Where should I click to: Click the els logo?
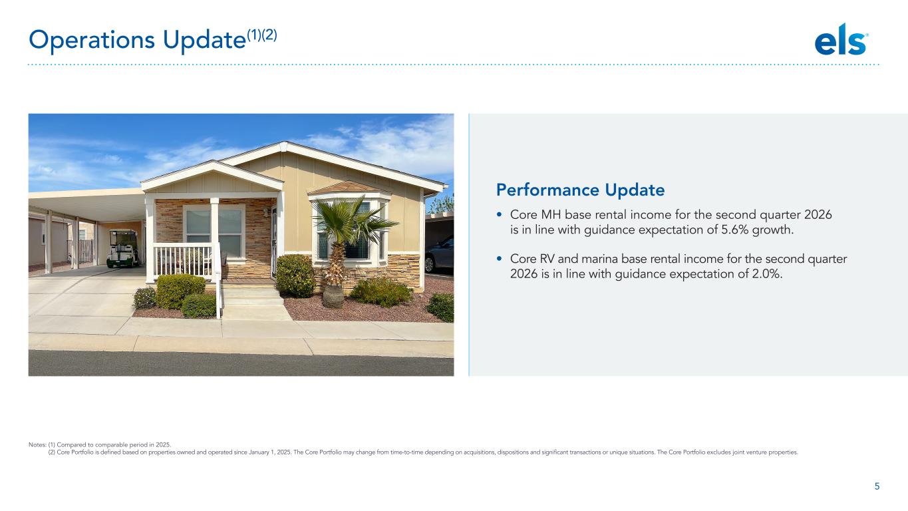click(841, 39)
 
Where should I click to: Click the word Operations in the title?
click(92, 40)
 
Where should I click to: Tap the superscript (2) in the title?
click(269, 35)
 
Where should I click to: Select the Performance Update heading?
click(580, 190)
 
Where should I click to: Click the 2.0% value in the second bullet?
click(766, 274)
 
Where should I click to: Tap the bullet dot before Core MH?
click(500, 214)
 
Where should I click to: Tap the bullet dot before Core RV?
click(500, 259)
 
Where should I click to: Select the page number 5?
click(877, 486)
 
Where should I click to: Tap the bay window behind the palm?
click(349, 231)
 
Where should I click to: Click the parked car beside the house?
click(439, 254)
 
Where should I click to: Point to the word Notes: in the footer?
click(37, 445)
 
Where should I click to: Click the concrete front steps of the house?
click(254, 302)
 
